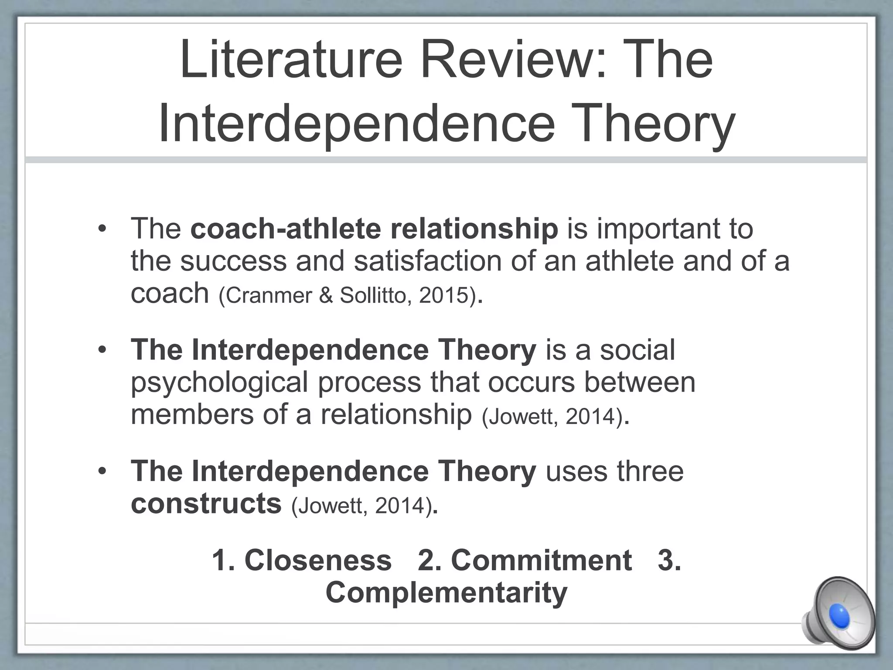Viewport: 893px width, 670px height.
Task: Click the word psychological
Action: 220,383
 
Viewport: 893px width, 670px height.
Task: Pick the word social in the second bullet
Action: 637,350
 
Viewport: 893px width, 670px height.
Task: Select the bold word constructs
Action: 206,503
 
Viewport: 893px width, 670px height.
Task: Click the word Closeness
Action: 318,560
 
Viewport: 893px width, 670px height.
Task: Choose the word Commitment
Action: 541,560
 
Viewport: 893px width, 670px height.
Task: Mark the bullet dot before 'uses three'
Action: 102,472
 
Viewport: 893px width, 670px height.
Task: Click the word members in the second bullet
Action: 192,414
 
